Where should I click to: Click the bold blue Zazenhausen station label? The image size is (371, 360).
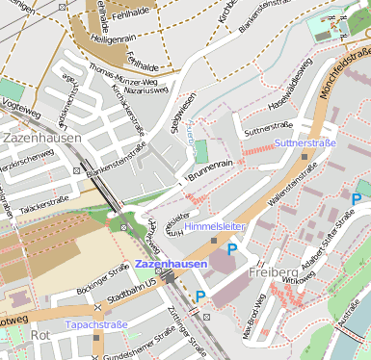(171, 264)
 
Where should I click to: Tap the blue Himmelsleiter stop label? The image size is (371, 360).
(215, 225)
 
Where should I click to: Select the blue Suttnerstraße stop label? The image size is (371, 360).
(305, 142)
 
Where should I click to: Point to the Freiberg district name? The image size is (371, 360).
(271, 272)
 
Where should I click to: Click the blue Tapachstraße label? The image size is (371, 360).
(96, 324)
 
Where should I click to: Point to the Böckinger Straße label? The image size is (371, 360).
(103, 274)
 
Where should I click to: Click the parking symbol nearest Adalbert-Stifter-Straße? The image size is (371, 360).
(356, 199)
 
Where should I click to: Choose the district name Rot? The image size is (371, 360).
(40, 335)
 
